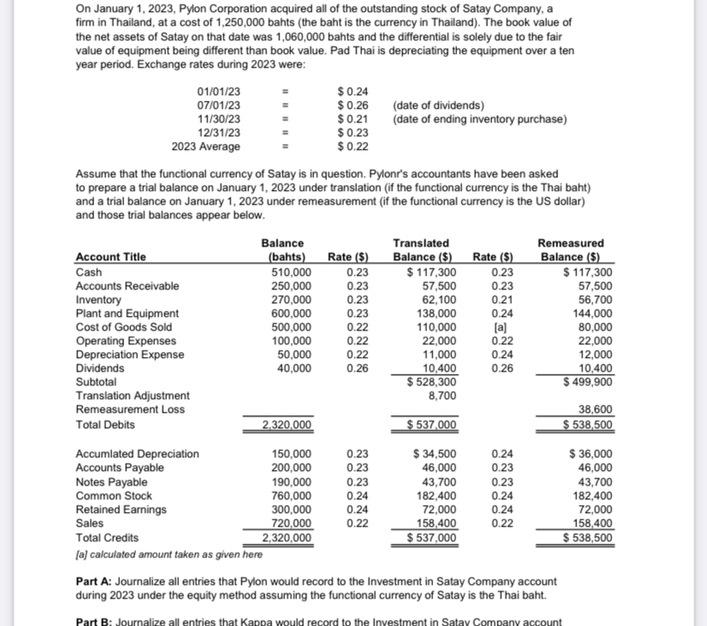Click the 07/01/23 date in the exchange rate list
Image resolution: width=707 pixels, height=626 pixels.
[x=218, y=105]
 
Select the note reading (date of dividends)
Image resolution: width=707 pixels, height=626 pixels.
[x=437, y=105]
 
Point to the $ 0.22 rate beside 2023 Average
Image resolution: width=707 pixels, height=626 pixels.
[x=353, y=146]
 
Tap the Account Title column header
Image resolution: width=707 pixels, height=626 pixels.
[x=110, y=257]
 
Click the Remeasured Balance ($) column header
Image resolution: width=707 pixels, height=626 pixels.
[x=570, y=250]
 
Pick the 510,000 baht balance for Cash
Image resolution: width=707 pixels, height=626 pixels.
[x=291, y=271]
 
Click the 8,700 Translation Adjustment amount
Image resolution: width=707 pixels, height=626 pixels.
[x=441, y=396]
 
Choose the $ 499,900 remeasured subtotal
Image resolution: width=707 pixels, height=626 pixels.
[x=586, y=382]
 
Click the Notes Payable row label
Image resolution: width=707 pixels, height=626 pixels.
[x=111, y=482]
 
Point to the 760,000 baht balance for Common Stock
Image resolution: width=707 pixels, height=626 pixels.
[x=291, y=496]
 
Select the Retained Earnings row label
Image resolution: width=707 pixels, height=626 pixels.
[x=122, y=510]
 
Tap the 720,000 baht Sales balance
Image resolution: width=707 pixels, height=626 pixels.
[x=291, y=523]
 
